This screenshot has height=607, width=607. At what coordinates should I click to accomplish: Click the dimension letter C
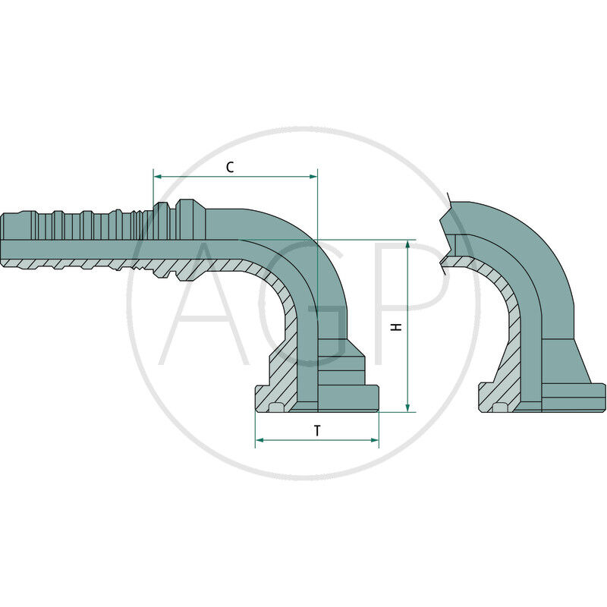(229, 167)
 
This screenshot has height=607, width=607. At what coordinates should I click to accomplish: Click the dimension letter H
(395, 326)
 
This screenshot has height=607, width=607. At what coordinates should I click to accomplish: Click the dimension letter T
(317, 430)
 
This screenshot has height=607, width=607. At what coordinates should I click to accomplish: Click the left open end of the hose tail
(3, 239)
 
